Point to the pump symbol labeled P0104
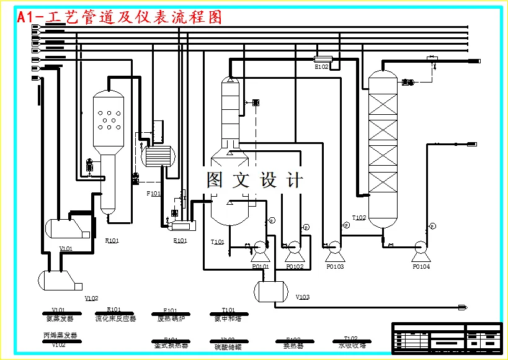click(421, 251)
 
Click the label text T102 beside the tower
click(359, 218)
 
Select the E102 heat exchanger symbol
click(324, 60)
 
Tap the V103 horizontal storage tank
click(272, 290)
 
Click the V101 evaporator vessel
click(66, 227)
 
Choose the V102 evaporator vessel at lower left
click(60, 281)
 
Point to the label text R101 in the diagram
click(112, 240)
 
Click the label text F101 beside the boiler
click(153, 194)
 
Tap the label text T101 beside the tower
click(218, 242)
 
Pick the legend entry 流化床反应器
click(115, 319)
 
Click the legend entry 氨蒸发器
click(60, 319)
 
